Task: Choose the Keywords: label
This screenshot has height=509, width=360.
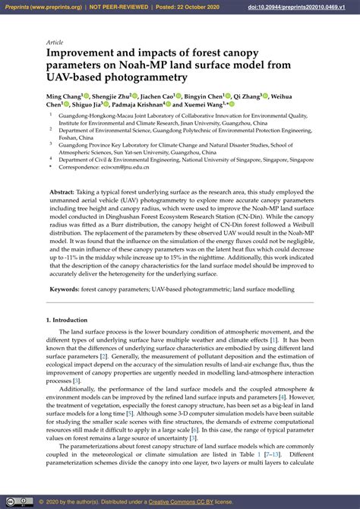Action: point(65,289)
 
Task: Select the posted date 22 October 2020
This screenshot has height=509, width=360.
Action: point(187,8)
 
